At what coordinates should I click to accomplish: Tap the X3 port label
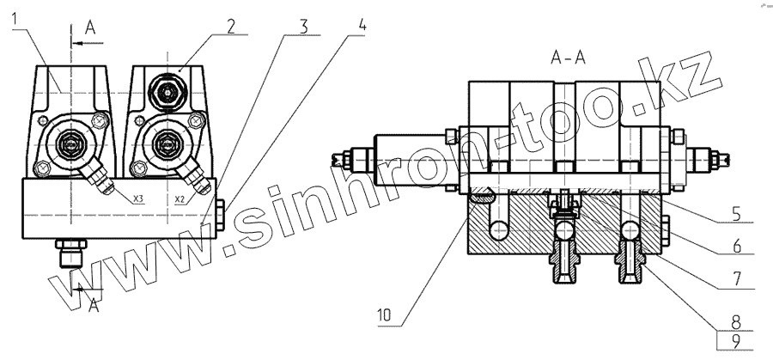click(138, 198)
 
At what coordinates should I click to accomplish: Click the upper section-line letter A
click(92, 27)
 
